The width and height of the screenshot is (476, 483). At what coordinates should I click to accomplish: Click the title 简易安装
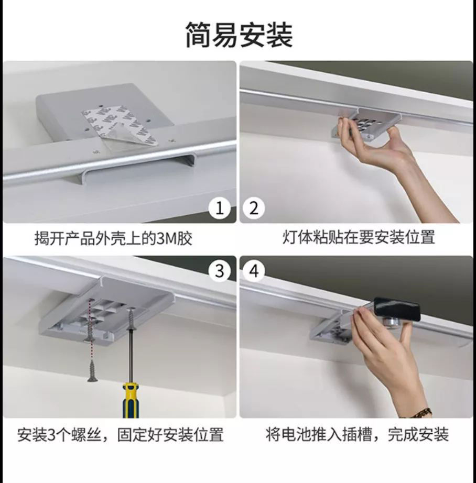point(239,35)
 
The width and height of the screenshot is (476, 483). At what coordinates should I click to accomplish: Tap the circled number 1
point(220,208)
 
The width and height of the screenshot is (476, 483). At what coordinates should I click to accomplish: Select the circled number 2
point(254,208)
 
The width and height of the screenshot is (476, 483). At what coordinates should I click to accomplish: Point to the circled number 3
point(220,271)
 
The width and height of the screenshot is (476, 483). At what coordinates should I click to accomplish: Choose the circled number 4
point(254,271)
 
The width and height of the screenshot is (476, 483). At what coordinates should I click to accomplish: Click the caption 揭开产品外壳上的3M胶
point(113,238)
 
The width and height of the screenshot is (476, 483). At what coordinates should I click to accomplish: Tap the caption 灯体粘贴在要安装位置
point(359,237)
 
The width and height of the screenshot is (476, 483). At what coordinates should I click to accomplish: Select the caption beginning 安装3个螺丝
point(120,435)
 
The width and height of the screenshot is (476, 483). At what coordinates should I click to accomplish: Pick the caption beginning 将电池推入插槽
point(357,435)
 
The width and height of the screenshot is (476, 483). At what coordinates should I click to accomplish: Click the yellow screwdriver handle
point(131,400)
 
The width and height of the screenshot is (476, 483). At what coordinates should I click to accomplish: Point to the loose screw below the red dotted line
point(92,370)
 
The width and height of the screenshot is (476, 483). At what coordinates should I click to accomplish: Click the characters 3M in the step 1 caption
point(167,238)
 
